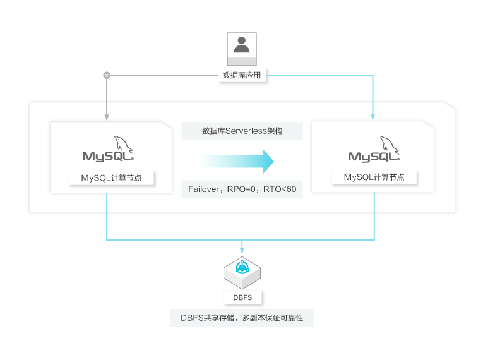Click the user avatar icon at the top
click(x=241, y=49)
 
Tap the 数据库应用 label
click(x=242, y=75)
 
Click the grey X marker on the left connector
click(x=107, y=75)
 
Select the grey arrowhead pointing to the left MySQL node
click(x=107, y=117)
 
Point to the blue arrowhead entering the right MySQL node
click(x=373, y=117)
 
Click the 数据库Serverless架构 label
click(x=242, y=131)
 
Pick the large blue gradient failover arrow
click(x=237, y=162)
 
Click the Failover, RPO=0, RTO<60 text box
click(x=242, y=189)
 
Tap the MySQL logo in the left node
click(x=108, y=148)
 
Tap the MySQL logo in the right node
click(x=374, y=149)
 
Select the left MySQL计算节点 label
click(x=112, y=178)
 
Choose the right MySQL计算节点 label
click(x=374, y=177)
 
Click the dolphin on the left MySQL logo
click(x=124, y=144)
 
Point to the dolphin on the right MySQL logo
click(x=390, y=145)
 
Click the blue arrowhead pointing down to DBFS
click(x=242, y=250)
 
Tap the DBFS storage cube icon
click(x=242, y=273)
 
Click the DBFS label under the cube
click(x=242, y=297)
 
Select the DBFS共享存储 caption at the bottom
click(x=242, y=318)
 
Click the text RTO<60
click(x=280, y=189)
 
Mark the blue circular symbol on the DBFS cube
click(x=242, y=268)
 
